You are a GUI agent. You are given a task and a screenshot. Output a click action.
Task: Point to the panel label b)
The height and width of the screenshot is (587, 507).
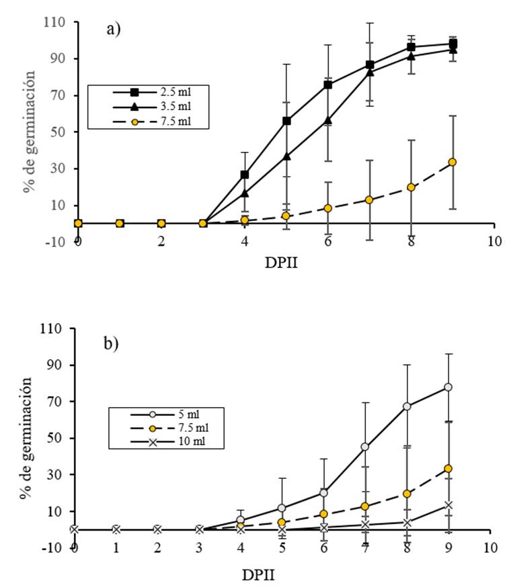110,343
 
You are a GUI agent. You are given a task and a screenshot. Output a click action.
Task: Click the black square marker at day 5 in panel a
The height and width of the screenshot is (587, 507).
286,121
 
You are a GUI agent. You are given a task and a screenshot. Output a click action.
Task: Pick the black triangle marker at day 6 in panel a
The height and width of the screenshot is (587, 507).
328,120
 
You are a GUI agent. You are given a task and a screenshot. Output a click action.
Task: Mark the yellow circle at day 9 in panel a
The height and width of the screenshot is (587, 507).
453,162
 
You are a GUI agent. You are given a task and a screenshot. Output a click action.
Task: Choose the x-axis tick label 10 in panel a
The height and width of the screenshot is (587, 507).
494,241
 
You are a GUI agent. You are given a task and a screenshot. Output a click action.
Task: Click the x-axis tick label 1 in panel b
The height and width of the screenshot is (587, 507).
116,547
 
